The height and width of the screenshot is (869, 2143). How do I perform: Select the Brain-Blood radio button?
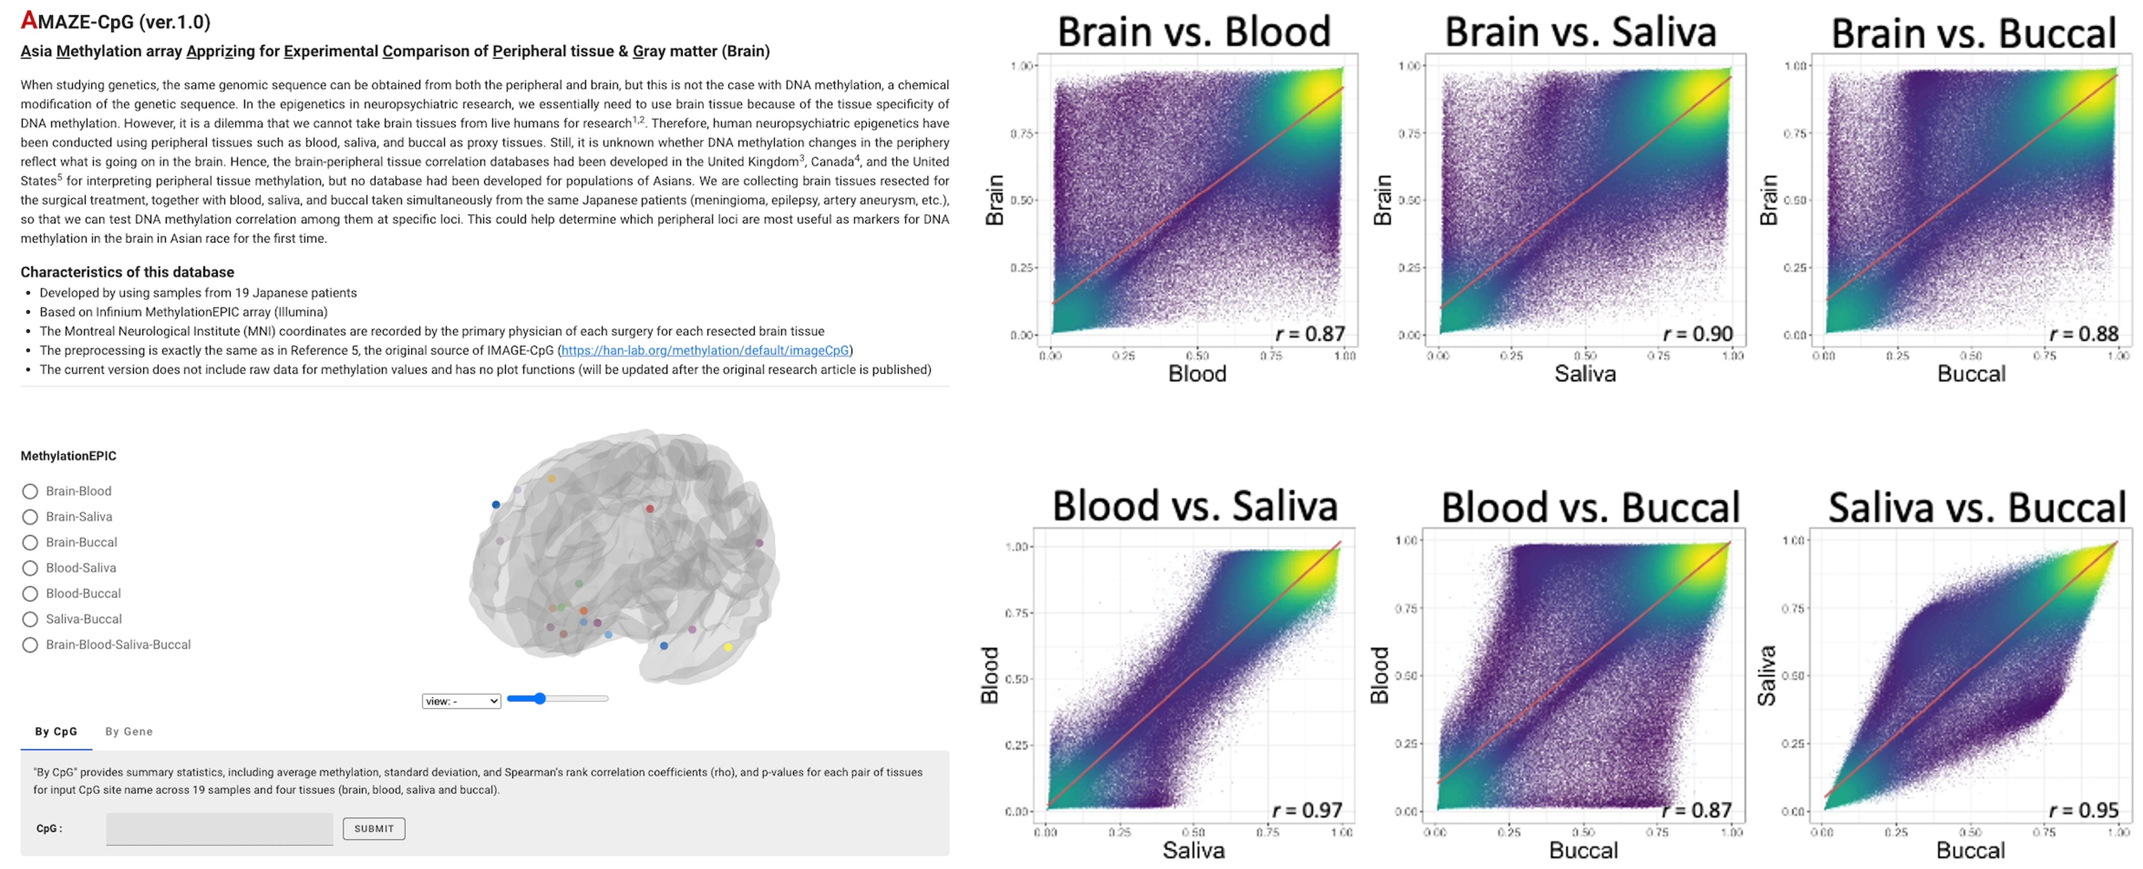click(x=30, y=491)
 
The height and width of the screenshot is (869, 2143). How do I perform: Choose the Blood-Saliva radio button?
click(x=30, y=568)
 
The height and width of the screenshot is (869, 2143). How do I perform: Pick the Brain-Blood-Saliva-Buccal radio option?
click(x=30, y=645)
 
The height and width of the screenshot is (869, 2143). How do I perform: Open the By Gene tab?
click(x=129, y=732)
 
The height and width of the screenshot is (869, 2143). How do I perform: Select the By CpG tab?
click(x=56, y=732)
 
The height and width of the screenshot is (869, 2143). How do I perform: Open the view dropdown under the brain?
click(x=461, y=701)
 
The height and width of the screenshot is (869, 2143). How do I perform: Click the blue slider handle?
click(x=540, y=698)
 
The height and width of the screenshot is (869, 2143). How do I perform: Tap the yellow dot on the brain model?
click(x=728, y=647)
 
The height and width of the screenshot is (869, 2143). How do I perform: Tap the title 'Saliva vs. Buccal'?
click(x=1977, y=507)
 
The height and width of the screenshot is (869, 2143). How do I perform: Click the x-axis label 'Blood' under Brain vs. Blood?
click(x=1197, y=374)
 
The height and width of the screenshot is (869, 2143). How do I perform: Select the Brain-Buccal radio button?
click(x=30, y=542)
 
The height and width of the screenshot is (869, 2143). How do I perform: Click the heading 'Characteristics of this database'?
click(x=127, y=272)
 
